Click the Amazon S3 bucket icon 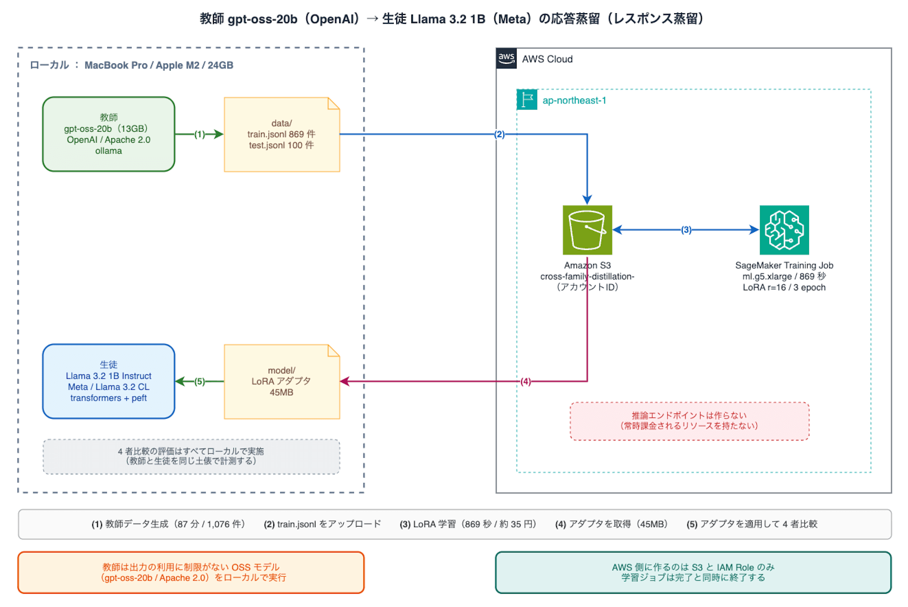pyautogui.click(x=587, y=230)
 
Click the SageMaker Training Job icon pyautogui.click(x=784, y=230)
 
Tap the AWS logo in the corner pyautogui.click(x=506, y=59)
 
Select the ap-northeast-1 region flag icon pyautogui.click(x=527, y=100)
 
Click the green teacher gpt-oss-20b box pyautogui.click(x=109, y=134)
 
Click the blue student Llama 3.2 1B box pyautogui.click(x=109, y=381)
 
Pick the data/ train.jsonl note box pyautogui.click(x=282, y=134)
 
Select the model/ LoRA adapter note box pyautogui.click(x=282, y=382)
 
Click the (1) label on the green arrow pyautogui.click(x=200, y=134)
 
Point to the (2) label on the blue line pyautogui.click(x=499, y=134)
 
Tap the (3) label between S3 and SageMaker pyautogui.click(x=686, y=230)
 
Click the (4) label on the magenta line pyautogui.click(x=526, y=381)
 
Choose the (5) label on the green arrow pyautogui.click(x=200, y=381)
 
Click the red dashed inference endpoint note pyautogui.click(x=689, y=421)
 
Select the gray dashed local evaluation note pyautogui.click(x=191, y=456)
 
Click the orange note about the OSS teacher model pyautogui.click(x=191, y=572)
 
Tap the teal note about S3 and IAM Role pyautogui.click(x=693, y=572)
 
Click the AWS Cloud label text pyautogui.click(x=547, y=59)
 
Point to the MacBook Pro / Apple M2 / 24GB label pyautogui.click(x=159, y=65)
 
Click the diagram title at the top pyautogui.click(x=452, y=19)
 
